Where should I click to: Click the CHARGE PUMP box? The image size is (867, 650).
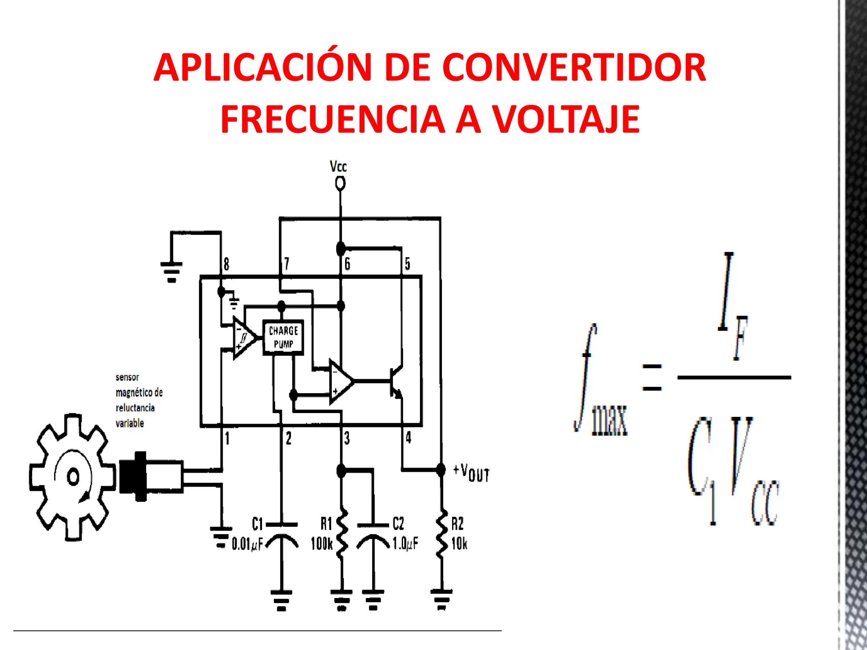[x=283, y=337]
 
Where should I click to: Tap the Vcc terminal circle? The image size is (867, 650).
[x=340, y=184]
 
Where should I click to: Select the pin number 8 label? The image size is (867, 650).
[x=226, y=264]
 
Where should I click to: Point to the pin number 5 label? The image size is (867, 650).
[x=407, y=264]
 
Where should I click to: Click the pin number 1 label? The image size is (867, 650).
[x=227, y=438]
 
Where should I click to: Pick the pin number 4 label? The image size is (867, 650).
[x=408, y=437]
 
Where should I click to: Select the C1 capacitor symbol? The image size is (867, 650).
[x=282, y=534]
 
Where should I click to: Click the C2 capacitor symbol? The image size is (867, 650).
[x=373, y=534]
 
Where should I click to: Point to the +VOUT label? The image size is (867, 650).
[x=472, y=473]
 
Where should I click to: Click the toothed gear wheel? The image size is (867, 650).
[x=73, y=477]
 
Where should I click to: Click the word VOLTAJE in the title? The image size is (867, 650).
[x=566, y=119]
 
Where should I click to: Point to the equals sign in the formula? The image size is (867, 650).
[x=652, y=377]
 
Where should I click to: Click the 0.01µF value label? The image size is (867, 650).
[x=247, y=544]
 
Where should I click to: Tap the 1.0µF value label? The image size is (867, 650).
[x=405, y=543]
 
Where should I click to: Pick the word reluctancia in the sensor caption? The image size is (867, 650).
[x=135, y=408]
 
